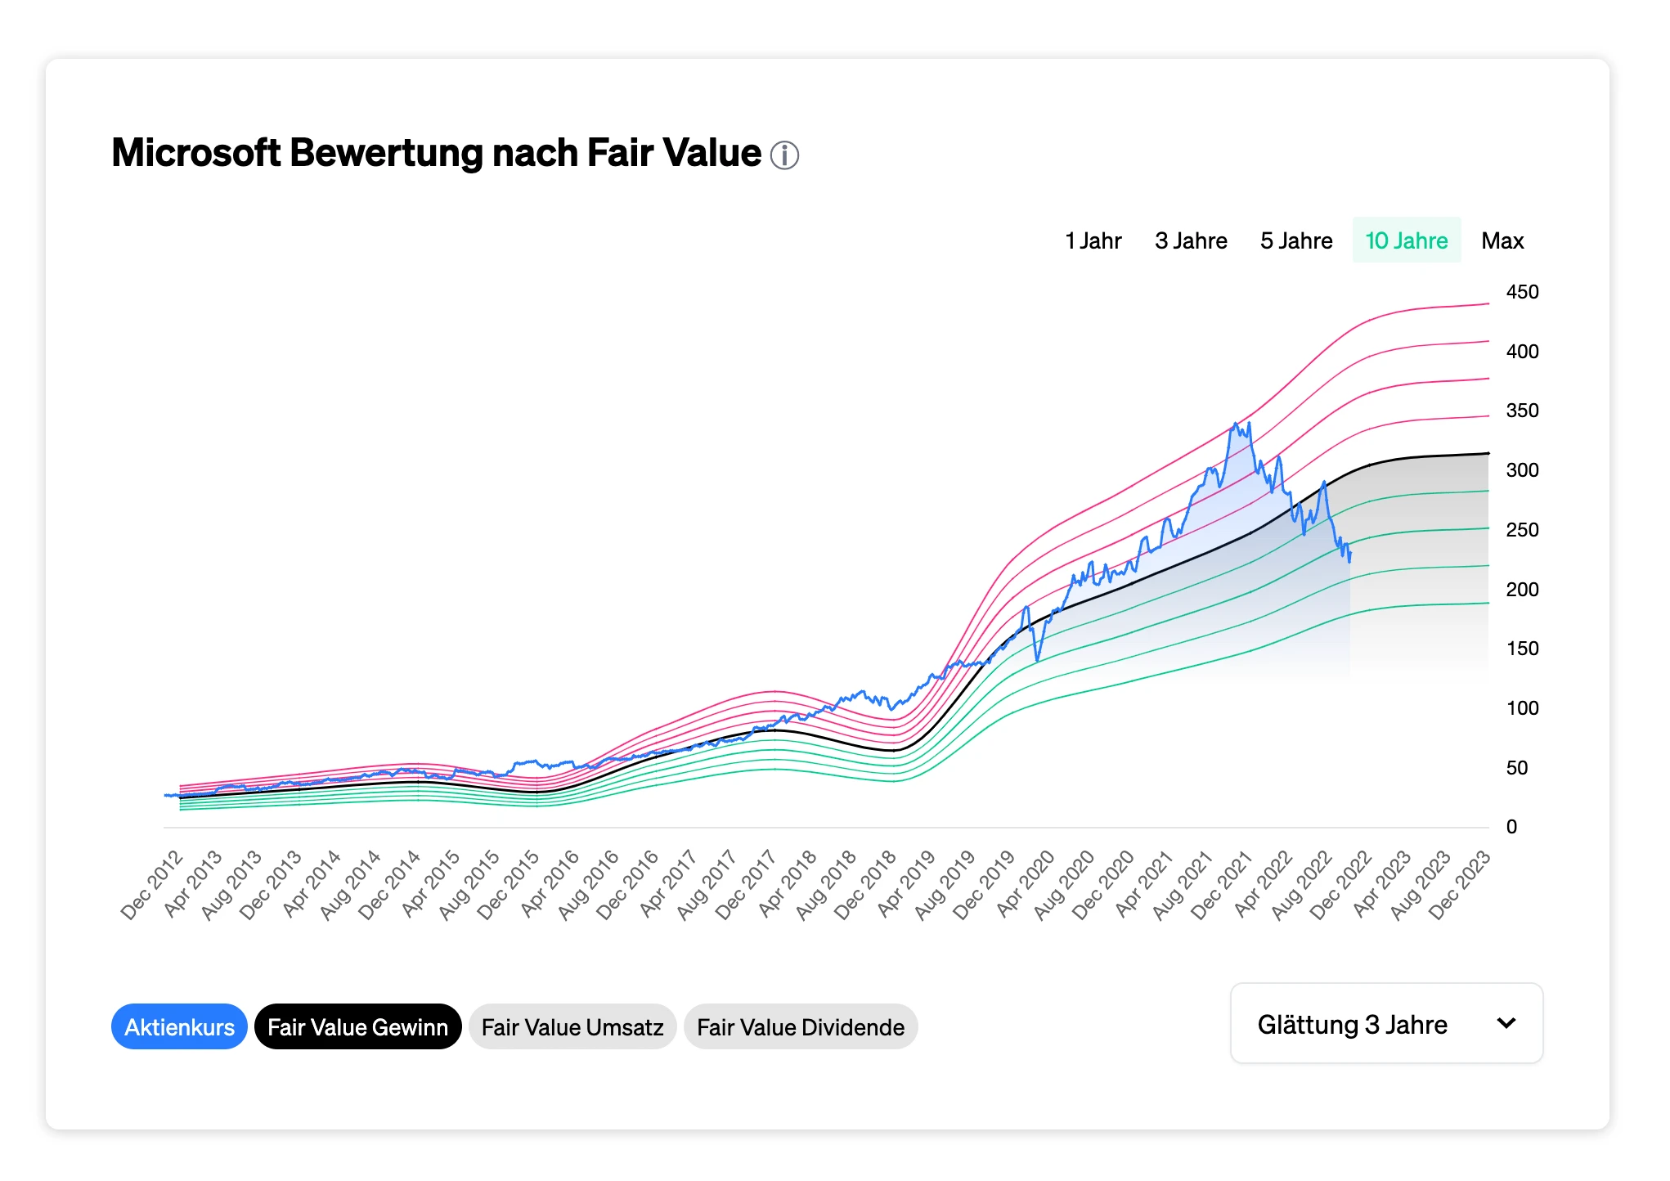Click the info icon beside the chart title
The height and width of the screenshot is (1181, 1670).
[x=784, y=155]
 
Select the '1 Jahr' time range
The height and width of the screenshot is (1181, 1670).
[x=1093, y=240]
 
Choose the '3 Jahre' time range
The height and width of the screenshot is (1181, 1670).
[x=1191, y=240]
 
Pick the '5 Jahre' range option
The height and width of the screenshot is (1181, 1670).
[x=1296, y=240]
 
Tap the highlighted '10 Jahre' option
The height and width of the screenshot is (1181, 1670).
[x=1407, y=240]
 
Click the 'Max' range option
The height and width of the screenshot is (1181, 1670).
[x=1502, y=240]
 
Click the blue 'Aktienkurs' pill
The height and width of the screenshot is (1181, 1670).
[x=179, y=1026]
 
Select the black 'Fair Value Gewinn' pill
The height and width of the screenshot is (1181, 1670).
[x=357, y=1026]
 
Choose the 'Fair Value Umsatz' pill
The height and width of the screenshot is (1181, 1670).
[x=572, y=1026]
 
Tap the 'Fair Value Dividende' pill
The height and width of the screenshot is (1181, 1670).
[x=800, y=1026]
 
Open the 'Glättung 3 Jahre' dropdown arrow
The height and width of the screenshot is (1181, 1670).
[x=1506, y=1023]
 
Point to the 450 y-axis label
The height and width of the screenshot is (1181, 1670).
[x=1522, y=292]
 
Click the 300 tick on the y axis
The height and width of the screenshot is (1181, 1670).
[x=1522, y=470]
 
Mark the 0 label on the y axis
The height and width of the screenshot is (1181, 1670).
[x=1511, y=827]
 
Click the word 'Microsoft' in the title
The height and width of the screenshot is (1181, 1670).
[x=195, y=153]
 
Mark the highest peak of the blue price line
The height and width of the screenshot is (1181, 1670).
[x=1235, y=424]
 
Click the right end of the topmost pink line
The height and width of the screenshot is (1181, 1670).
[x=1488, y=303]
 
